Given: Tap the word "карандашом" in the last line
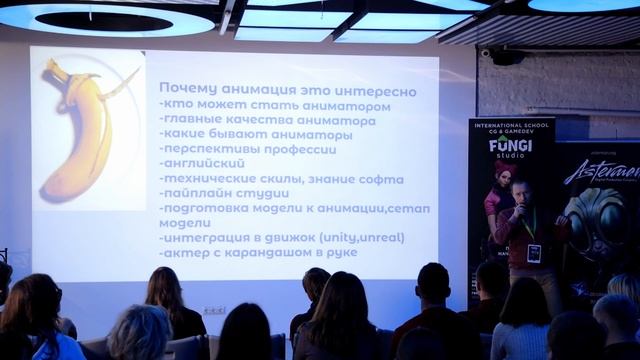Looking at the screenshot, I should [x=277, y=252].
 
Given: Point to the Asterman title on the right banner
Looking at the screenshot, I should [x=601, y=169].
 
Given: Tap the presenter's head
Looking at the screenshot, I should [x=522, y=189].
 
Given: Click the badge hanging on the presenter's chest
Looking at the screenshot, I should [x=533, y=251].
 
